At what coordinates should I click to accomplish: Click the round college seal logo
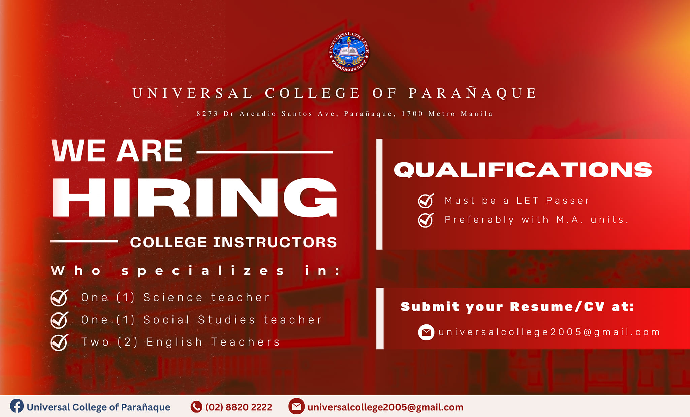click(349, 52)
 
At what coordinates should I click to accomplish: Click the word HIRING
click(194, 198)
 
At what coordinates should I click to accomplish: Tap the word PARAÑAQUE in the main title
click(473, 93)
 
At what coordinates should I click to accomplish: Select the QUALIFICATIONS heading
click(523, 170)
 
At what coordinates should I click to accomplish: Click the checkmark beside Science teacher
click(59, 298)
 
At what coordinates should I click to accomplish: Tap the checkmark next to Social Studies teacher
click(59, 320)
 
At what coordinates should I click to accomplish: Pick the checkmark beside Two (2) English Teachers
click(59, 342)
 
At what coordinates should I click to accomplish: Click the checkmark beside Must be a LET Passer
click(426, 201)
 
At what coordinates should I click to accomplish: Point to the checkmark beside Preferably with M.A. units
click(426, 220)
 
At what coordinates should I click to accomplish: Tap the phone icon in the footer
click(196, 407)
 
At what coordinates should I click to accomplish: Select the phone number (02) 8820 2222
click(239, 407)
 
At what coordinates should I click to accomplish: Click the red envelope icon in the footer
click(296, 406)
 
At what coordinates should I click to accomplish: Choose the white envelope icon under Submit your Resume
click(426, 332)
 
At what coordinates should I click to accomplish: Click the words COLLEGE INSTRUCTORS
click(233, 242)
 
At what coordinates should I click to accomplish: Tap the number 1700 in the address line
click(412, 114)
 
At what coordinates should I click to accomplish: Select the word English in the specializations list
click(175, 342)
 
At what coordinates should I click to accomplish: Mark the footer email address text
click(385, 407)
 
